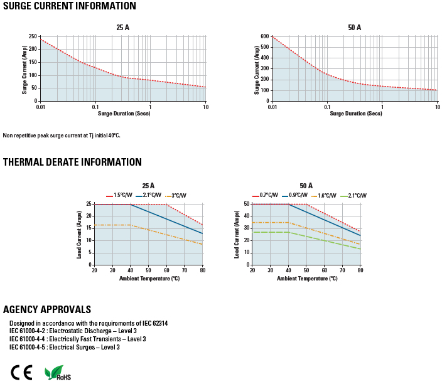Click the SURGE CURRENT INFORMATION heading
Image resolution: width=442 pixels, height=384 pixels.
[x=69, y=6]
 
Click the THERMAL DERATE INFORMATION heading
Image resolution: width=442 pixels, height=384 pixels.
[x=72, y=162]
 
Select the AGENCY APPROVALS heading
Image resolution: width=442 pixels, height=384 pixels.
[x=47, y=309]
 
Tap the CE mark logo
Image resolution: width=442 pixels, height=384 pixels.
[x=21, y=371]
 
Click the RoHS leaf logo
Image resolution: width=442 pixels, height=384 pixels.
[x=57, y=372]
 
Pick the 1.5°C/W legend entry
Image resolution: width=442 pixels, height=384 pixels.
[x=120, y=196]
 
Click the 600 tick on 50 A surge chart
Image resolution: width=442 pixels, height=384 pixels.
[x=265, y=36]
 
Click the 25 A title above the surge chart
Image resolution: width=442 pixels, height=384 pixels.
[x=123, y=28]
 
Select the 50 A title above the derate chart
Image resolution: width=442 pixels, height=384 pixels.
[x=306, y=186]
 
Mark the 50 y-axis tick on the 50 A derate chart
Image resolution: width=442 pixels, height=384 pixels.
[x=246, y=204]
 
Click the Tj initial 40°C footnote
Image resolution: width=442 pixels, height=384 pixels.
[x=62, y=135]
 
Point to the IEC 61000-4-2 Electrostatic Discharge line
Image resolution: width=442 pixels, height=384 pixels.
[x=73, y=331]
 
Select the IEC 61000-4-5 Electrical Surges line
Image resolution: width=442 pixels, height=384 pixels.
[x=64, y=347]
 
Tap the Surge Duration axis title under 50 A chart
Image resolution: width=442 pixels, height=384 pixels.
[x=355, y=114]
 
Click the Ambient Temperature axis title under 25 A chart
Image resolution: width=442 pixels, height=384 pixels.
[x=149, y=277]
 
